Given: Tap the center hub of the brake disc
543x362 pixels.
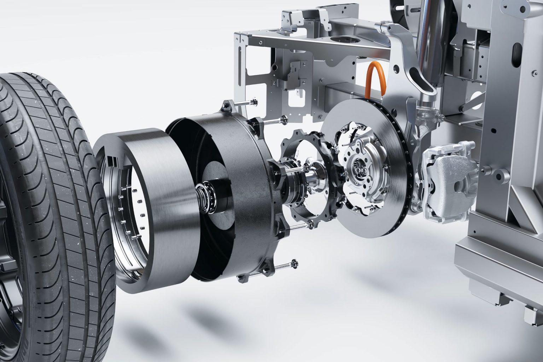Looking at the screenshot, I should point(361,166).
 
